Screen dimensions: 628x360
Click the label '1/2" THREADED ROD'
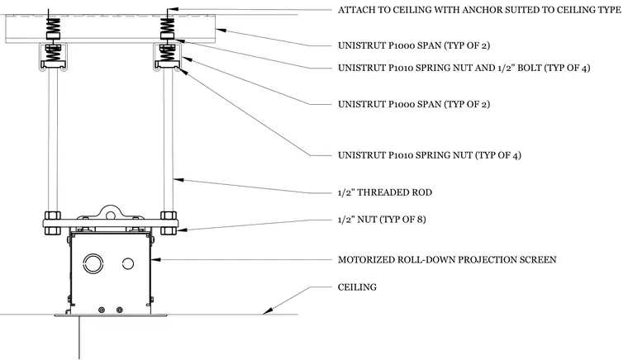click(x=385, y=192)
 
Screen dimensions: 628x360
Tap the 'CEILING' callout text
click(x=357, y=287)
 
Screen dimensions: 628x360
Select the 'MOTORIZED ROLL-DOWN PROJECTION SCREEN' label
click(x=447, y=259)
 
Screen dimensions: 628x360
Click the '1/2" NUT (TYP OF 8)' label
click(x=382, y=219)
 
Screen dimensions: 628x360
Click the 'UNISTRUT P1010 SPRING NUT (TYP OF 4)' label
click(x=430, y=155)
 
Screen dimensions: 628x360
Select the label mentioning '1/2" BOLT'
click(x=464, y=68)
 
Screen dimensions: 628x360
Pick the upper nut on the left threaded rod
click(x=52, y=216)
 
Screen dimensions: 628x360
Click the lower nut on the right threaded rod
click(x=169, y=230)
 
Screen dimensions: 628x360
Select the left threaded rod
click(x=53, y=141)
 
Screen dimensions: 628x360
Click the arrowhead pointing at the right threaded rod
click(x=178, y=180)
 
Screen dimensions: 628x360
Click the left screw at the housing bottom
click(x=102, y=310)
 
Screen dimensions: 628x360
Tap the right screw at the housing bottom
click(x=119, y=310)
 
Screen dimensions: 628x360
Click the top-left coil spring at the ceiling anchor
click(x=53, y=26)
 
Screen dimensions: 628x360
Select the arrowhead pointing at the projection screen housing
click(x=155, y=259)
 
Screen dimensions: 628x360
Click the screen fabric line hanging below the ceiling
click(x=78, y=337)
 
